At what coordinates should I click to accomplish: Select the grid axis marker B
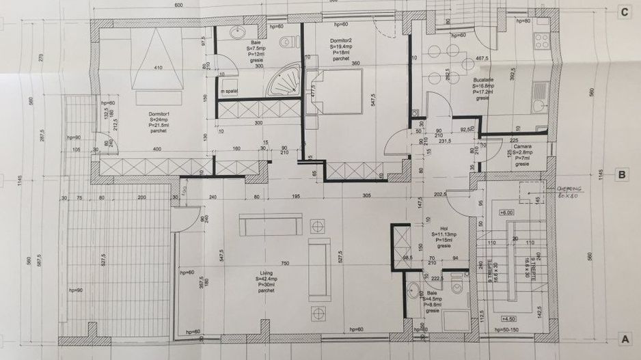pos(623,175)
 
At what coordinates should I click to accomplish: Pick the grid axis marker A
pos(623,338)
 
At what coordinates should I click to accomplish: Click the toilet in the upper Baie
pos(295,41)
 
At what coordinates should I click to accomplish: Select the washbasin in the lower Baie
pos(412,291)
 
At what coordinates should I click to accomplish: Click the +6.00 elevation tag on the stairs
pos(507,213)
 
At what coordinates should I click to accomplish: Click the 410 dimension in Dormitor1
pos(159,68)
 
